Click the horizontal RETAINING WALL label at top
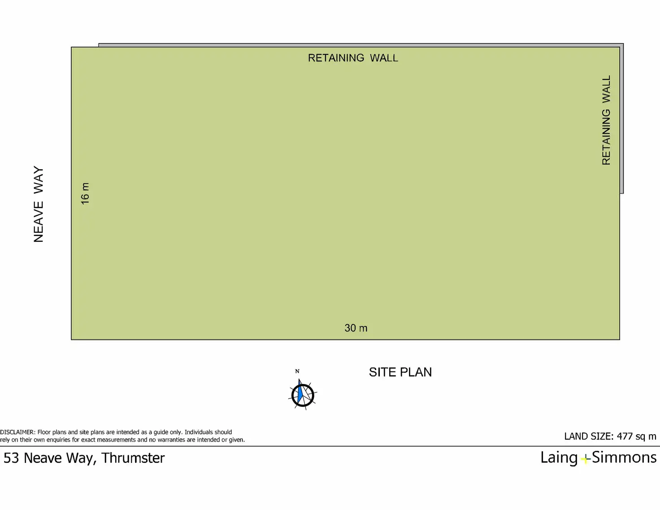(x=353, y=58)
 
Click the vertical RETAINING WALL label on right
(x=606, y=120)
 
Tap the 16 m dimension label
(x=85, y=193)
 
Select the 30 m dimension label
(x=356, y=328)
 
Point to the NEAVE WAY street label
(x=39, y=204)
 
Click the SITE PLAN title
(x=400, y=372)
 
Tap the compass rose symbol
(x=303, y=395)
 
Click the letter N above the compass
(x=297, y=371)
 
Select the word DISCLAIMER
(x=17, y=432)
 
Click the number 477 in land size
(x=625, y=436)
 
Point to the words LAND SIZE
(x=588, y=436)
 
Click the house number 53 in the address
(x=11, y=458)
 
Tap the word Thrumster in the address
(x=133, y=458)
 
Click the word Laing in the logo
(x=559, y=458)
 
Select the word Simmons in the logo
(x=624, y=457)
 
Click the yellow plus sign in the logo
(x=585, y=459)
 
